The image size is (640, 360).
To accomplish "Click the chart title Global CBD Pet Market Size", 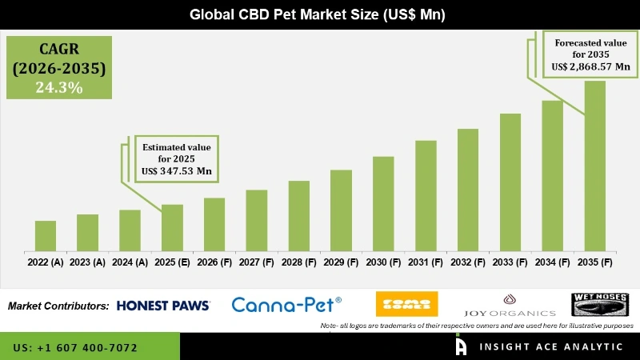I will pyautogui.click(x=320, y=14).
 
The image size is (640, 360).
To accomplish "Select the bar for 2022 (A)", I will pyautogui.click(x=46, y=235).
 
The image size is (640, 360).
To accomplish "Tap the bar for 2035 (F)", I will pyautogui.click(x=594, y=165).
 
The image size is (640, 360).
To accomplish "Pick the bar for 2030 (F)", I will pyautogui.click(x=383, y=203).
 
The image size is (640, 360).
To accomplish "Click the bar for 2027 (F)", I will pyautogui.click(x=256, y=220).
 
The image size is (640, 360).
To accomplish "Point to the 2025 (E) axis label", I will pyautogui.click(x=172, y=262).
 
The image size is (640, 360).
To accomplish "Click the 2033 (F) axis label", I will pyautogui.click(x=510, y=262).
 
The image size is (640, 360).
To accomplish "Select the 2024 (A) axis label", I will pyautogui.click(x=130, y=262).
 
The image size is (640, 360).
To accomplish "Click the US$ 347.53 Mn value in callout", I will pyautogui.click(x=176, y=171).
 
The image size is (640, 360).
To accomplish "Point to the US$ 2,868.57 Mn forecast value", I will pyautogui.click(x=591, y=68).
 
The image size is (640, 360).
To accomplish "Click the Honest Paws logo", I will pyautogui.click(x=163, y=306).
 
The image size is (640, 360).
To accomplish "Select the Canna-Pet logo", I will pyautogui.click(x=286, y=304).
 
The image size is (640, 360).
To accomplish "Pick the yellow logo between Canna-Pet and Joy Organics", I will pyautogui.click(x=406, y=304).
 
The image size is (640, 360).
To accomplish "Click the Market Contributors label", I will pyautogui.click(x=58, y=306).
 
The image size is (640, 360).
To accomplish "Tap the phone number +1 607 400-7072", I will pyautogui.click(x=75, y=348).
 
